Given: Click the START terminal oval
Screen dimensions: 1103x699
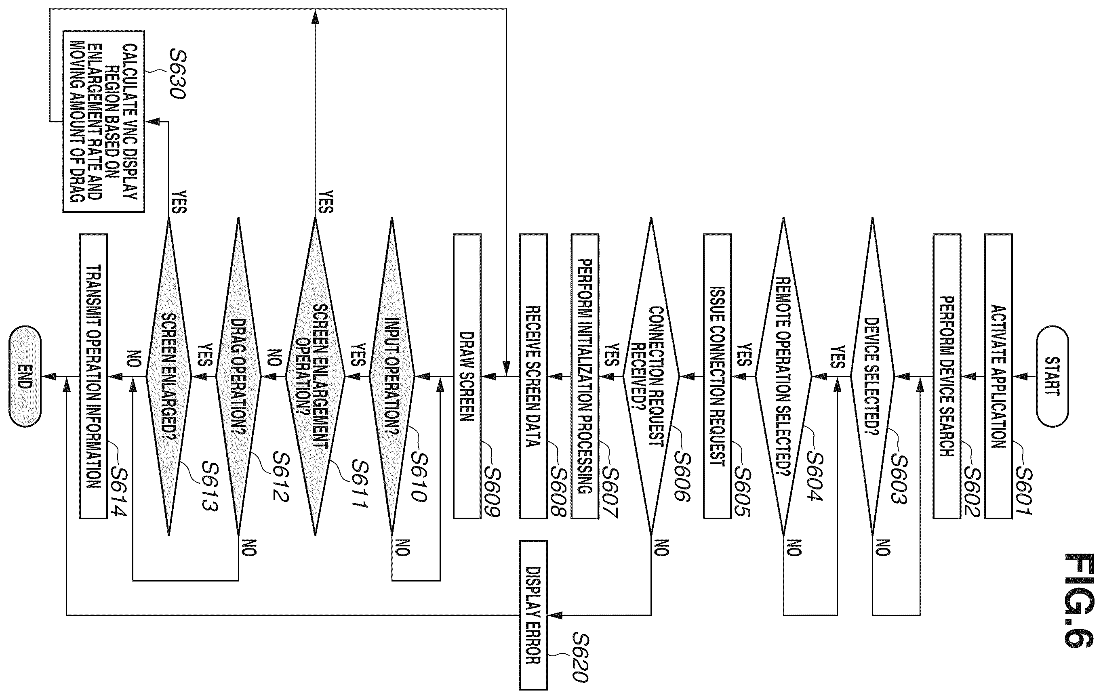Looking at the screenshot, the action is [1052, 376].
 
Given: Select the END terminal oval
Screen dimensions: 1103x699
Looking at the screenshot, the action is [25, 376].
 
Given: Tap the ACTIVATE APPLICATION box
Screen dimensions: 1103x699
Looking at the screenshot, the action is [998, 376].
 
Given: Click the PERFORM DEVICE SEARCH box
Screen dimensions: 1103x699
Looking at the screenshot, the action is [947, 376].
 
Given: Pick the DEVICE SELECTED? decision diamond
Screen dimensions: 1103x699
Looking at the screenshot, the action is [872, 376].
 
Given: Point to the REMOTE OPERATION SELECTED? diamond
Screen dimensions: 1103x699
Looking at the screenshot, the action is [783, 376].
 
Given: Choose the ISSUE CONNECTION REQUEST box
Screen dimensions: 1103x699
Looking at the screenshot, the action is [717, 376].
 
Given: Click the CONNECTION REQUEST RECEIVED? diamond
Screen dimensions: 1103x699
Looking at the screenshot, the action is [651, 376].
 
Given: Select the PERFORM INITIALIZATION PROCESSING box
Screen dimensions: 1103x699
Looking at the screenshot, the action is [585, 376].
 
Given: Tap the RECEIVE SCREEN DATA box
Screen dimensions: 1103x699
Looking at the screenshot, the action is [533, 376].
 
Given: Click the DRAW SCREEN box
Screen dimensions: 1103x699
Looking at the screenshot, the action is [467, 376].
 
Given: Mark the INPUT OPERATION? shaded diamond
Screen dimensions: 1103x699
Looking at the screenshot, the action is [392, 376].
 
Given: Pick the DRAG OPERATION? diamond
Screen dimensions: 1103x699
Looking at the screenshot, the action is [238, 376].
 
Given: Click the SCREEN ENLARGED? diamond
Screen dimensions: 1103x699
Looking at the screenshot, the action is [168, 376].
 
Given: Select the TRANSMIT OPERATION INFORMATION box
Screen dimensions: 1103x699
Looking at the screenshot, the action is [93, 376].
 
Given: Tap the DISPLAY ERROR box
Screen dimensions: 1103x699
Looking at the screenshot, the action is [533, 615].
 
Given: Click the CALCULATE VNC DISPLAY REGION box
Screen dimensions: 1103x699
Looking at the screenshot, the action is [104, 122].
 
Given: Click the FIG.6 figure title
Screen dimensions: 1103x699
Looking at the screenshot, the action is [1079, 600].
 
